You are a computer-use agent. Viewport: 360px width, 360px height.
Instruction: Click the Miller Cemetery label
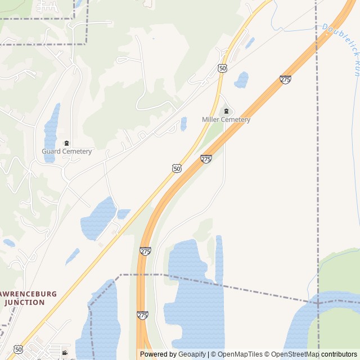click(226, 119)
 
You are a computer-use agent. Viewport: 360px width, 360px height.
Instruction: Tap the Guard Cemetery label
click(66, 151)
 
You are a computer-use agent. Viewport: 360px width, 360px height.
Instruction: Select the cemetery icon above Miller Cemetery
click(226, 111)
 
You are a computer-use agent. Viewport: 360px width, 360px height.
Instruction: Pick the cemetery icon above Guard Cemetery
click(66, 143)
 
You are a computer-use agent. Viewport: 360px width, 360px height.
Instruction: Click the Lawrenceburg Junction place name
click(25, 298)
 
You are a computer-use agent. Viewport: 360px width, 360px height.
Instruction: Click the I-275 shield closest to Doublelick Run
click(285, 80)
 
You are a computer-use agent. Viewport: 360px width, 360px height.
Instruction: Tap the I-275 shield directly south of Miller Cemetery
click(206, 159)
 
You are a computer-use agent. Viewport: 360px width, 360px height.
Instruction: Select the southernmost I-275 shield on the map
click(142, 316)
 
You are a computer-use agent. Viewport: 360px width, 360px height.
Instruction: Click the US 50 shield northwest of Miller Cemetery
click(223, 68)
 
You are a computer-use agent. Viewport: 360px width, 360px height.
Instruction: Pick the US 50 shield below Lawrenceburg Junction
click(19, 349)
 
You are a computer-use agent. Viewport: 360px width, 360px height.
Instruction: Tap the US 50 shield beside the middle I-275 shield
click(177, 168)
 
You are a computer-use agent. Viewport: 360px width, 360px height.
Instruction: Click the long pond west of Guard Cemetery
click(51, 132)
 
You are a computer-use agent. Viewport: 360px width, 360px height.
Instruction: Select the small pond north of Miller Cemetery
click(241, 79)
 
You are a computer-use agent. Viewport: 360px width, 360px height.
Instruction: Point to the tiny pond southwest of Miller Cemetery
click(184, 124)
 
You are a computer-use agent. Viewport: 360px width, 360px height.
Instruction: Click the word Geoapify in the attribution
click(192, 354)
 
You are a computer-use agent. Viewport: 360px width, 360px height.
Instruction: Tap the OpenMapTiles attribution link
click(238, 354)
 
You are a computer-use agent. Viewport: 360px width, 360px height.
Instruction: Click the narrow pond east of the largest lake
click(219, 259)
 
